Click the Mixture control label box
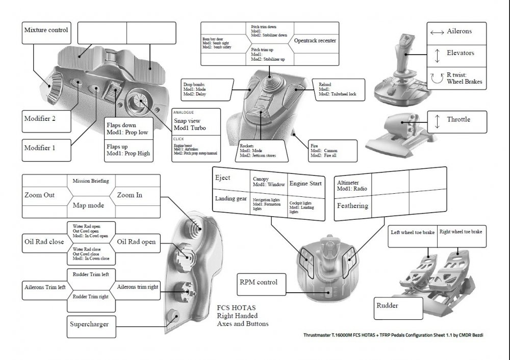[46, 30]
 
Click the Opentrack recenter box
[315, 40]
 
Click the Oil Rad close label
[44, 242]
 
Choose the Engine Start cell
[305, 184]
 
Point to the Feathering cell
[352, 207]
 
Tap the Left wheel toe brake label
[413, 233]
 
